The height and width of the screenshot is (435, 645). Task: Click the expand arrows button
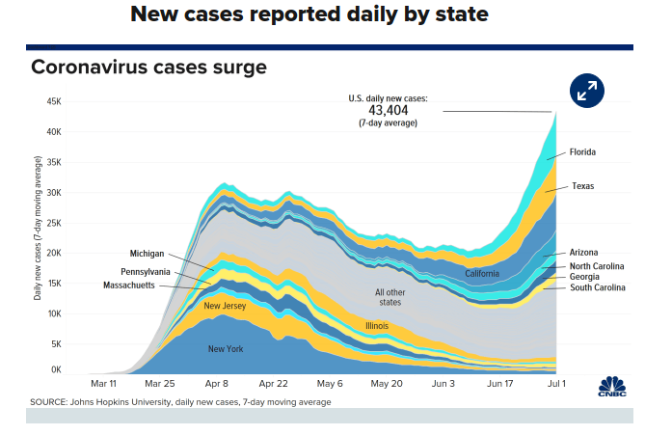586,91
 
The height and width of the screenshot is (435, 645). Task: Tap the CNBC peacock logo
612,387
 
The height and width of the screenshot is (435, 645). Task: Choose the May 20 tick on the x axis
386,382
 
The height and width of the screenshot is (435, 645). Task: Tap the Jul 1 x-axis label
556,382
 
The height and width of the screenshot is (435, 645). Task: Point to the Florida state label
582,151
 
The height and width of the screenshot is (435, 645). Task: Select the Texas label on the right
582,185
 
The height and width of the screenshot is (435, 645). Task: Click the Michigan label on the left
148,253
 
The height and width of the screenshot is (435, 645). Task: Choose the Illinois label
376,325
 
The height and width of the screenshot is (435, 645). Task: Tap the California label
481,273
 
